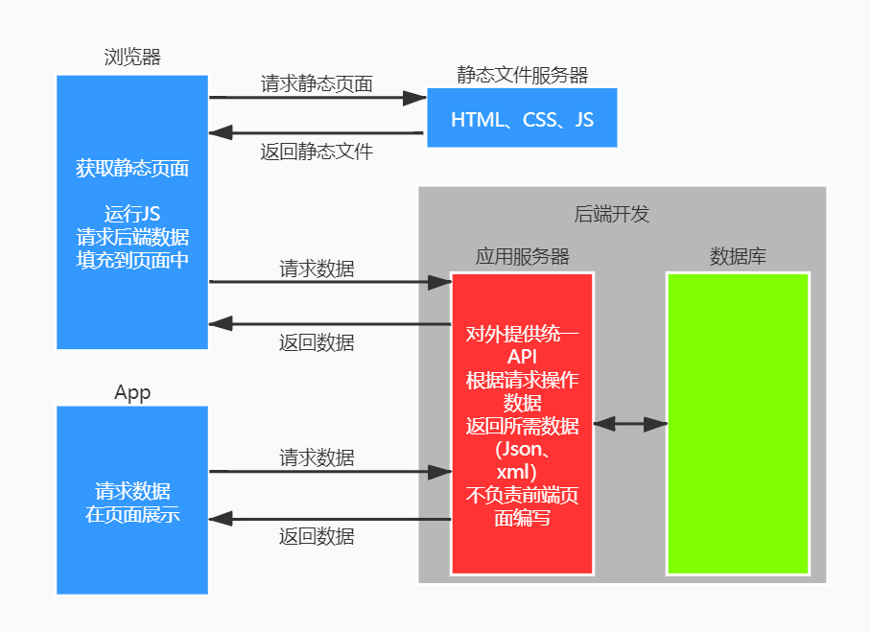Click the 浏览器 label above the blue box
coord(132,57)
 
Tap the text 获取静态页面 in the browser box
coord(132,169)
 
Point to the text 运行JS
coord(132,214)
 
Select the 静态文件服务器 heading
coord(522,75)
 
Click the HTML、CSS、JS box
coord(522,119)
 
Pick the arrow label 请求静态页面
coord(317,83)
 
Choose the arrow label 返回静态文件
coord(317,151)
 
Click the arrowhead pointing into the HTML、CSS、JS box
coord(415,97)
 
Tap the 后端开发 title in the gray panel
coord(611,214)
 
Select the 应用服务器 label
coord(522,256)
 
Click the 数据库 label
coord(738,256)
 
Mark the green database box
coord(738,423)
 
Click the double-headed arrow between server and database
coord(630,423)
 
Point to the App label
coord(132,392)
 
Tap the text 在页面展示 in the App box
coord(132,514)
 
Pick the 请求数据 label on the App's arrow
coord(317,457)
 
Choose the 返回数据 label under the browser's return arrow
coord(317,342)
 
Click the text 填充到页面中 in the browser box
coord(132,259)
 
